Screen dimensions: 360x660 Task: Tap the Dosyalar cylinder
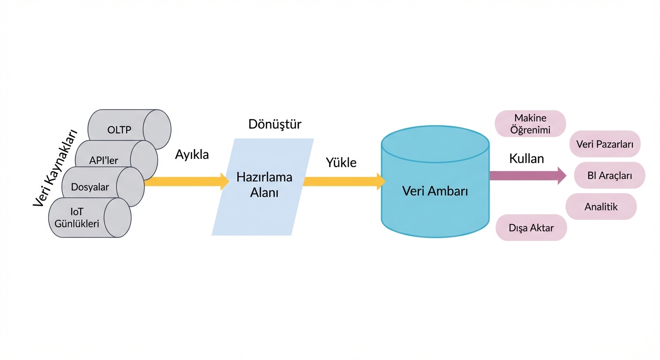click(90, 187)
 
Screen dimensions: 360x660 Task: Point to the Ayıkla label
click(192, 155)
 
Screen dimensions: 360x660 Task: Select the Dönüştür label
click(274, 124)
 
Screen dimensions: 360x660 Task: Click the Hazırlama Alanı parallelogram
click(264, 186)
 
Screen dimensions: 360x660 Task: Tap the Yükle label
click(341, 163)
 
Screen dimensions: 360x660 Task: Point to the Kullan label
click(526, 158)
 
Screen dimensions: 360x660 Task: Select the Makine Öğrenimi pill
click(530, 124)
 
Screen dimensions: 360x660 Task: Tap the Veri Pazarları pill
click(605, 144)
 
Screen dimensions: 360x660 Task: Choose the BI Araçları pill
click(609, 176)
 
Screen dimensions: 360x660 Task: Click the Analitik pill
click(601, 206)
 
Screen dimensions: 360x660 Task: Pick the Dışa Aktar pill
click(531, 228)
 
